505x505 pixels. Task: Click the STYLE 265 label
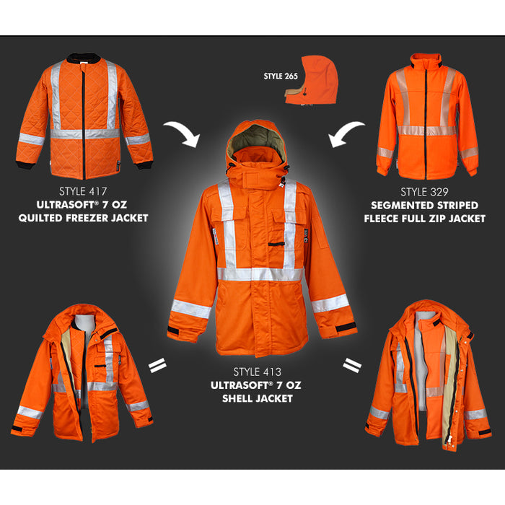click(281, 76)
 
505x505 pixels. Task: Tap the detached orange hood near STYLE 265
click(312, 81)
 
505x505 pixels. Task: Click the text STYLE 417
click(83, 192)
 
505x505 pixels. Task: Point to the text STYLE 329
click(424, 193)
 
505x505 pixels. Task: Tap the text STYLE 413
click(257, 372)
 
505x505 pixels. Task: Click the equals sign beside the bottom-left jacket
click(157, 366)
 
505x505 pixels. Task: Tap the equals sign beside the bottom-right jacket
click(352, 365)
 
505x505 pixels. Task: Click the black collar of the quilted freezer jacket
click(84, 58)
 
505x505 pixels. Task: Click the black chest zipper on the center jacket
click(276, 245)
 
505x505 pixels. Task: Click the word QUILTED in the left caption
click(40, 218)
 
